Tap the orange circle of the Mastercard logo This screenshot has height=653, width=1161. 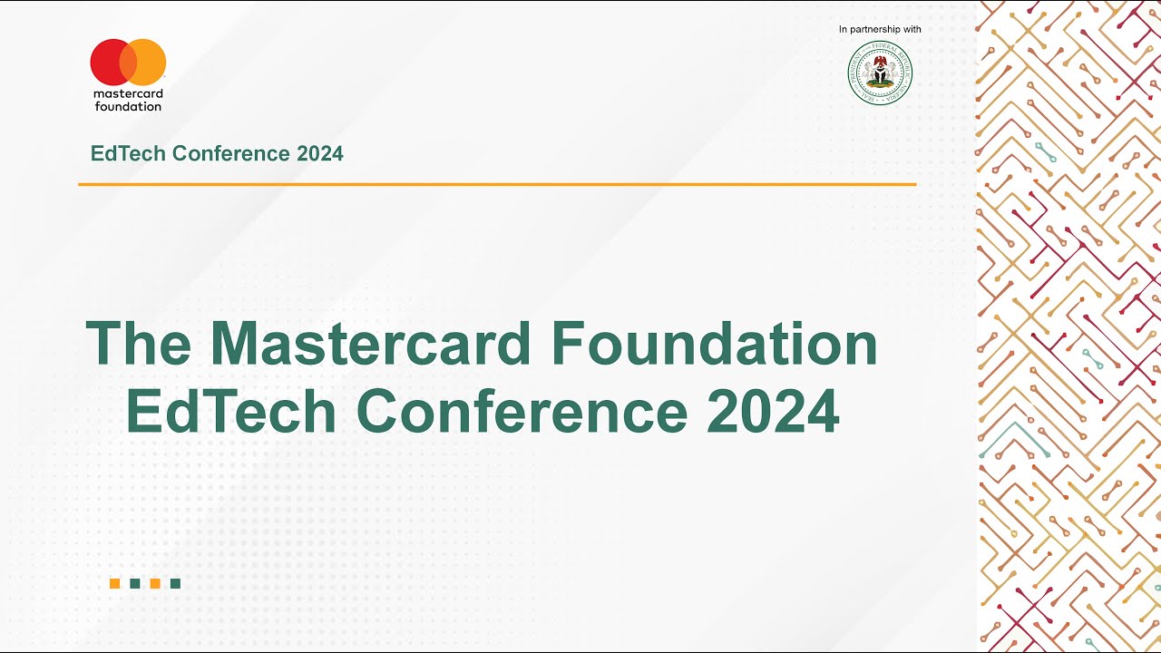pyautogui.click(x=148, y=63)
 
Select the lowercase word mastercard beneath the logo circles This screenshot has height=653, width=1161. pyautogui.click(x=128, y=93)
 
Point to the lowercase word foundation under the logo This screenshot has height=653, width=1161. pyautogui.click(x=128, y=106)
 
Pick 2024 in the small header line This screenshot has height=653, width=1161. pyautogui.click(x=319, y=153)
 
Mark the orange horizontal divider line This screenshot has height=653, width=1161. pyautogui.click(x=497, y=184)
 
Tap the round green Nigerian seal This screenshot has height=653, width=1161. pyautogui.click(x=880, y=73)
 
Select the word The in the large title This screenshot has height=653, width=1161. pyautogui.click(x=139, y=344)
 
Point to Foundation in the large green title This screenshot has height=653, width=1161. pyautogui.click(x=714, y=344)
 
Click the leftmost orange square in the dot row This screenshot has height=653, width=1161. pyautogui.click(x=115, y=583)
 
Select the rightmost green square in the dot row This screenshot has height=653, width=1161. pyautogui.click(x=175, y=583)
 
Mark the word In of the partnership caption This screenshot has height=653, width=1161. pyautogui.click(x=844, y=30)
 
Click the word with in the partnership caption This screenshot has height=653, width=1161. pyautogui.click(x=912, y=30)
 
